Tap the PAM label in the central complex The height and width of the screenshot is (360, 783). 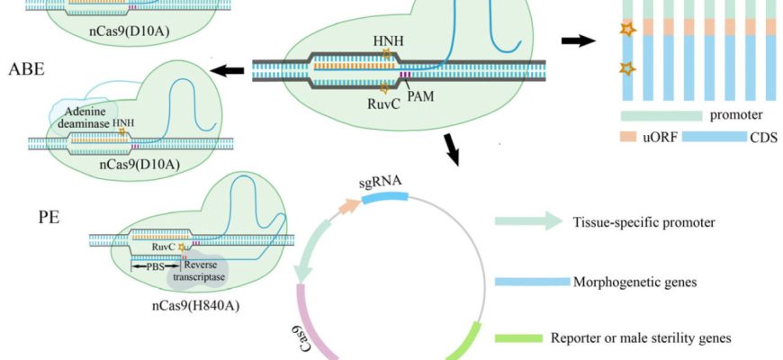point(419,92)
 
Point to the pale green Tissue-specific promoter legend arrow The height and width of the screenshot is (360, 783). point(526,221)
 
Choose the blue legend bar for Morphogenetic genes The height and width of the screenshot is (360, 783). point(531,281)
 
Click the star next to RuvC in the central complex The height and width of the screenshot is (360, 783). point(385,88)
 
